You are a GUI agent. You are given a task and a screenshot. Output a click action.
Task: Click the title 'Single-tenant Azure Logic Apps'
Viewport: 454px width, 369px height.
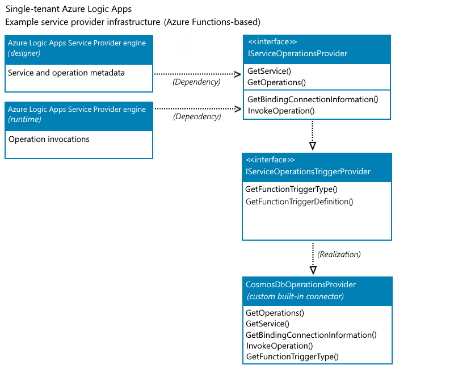tap(68, 10)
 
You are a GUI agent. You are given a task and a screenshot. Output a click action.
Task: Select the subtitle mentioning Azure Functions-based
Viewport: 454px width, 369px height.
tap(133, 22)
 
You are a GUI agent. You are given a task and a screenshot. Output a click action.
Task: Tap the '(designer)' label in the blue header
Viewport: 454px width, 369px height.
tap(24, 53)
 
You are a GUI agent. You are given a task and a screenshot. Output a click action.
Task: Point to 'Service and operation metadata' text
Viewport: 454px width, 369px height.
tap(66, 73)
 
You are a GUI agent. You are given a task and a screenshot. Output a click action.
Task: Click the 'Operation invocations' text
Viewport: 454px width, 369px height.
tap(49, 139)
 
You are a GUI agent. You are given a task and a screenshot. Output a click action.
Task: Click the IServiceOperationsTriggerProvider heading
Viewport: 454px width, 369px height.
tap(308, 171)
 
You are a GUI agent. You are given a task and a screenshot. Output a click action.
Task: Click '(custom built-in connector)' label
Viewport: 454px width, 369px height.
tap(295, 296)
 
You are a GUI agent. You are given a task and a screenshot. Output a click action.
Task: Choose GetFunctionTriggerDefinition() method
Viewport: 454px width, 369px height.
tap(299, 202)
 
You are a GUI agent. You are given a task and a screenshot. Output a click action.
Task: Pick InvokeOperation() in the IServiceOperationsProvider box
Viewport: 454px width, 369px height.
tap(281, 111)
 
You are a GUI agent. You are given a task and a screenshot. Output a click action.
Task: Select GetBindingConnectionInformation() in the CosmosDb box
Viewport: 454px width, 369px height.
tap(311, 335)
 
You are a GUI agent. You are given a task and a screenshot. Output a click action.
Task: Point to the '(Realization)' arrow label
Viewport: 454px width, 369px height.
tap(339, 254)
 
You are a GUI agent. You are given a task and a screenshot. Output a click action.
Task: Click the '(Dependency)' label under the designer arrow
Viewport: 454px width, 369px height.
tap(196, 82)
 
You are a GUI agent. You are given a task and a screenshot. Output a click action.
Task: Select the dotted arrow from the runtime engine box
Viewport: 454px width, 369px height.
tap(196, 108)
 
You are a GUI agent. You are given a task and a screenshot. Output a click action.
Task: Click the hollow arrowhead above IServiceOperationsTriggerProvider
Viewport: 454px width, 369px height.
tap(313, 146)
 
